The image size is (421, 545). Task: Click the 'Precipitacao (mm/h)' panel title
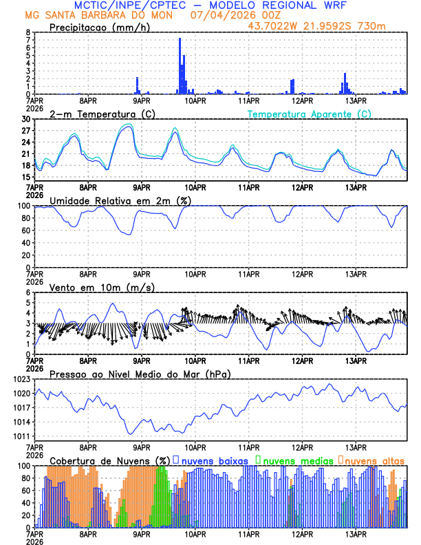98,27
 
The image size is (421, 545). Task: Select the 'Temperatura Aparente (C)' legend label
310,114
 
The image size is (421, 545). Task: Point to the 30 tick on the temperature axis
27,119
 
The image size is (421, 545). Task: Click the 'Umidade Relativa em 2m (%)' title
120,200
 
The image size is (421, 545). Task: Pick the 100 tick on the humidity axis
25,206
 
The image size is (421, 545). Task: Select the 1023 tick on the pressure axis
23,379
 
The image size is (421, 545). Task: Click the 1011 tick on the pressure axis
23,436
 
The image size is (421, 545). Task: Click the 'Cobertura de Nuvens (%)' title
109,460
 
